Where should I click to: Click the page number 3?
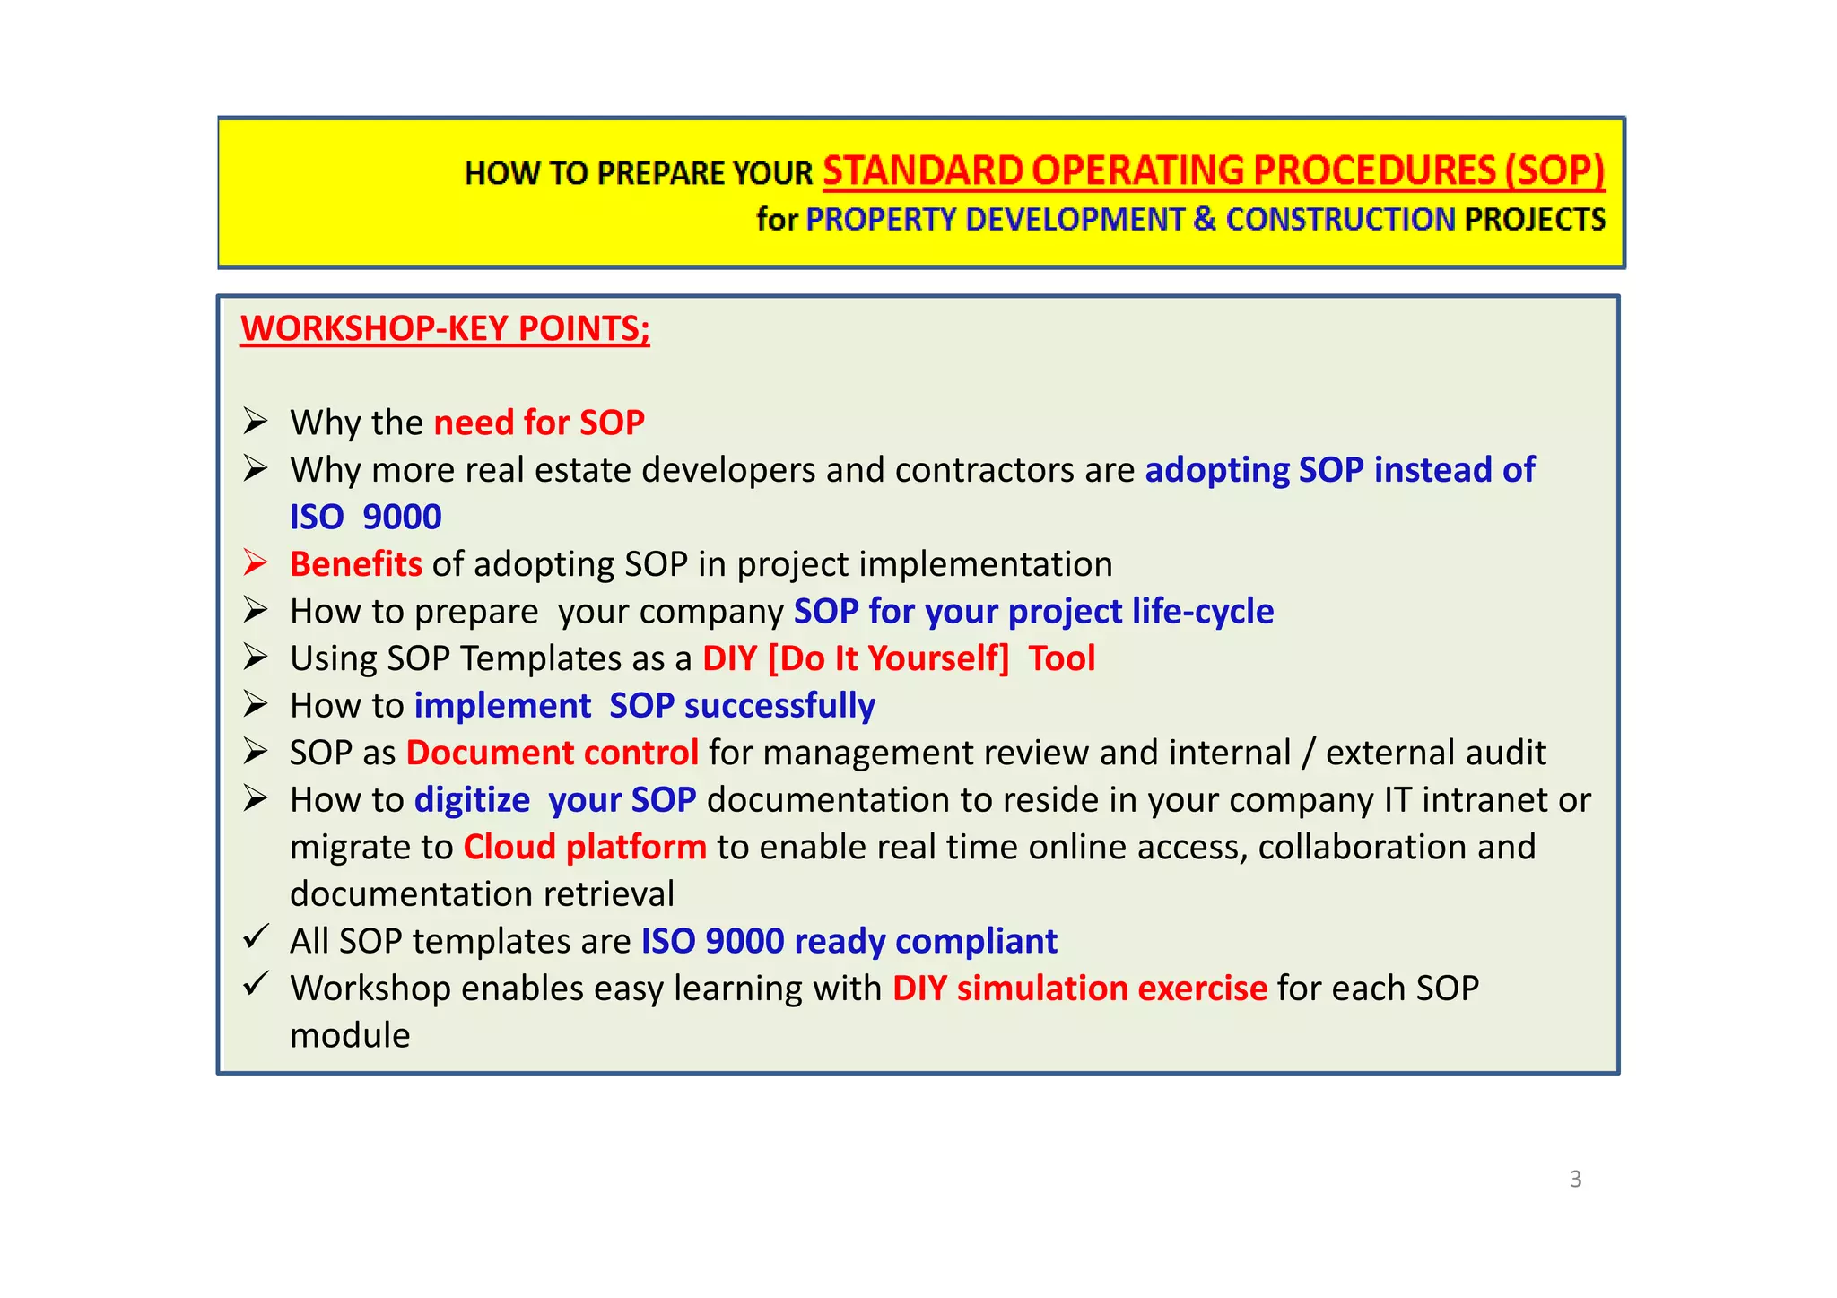[1575, 1179]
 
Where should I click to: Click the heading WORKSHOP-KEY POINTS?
[444, 328]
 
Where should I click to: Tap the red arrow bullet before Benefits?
[256, 562]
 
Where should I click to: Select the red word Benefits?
[355, 564]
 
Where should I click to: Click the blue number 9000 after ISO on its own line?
[402, 517]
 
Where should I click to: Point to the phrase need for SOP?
[538, 423]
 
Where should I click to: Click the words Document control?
[552, 753]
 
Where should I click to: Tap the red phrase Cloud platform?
[584, 847]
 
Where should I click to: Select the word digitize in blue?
[472, 800]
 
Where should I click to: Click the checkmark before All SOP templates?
[256, 937]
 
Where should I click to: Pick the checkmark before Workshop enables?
[256, 984]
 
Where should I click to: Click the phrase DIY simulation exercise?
[1079, 989]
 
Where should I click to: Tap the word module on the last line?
[350, 1036]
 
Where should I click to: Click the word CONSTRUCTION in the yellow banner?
[1340, 220]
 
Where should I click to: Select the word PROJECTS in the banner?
[1535, 220]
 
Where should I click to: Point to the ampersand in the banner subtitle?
[1205, 220]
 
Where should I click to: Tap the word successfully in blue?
[779, 706]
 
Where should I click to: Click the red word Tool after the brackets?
[1061, 658]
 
